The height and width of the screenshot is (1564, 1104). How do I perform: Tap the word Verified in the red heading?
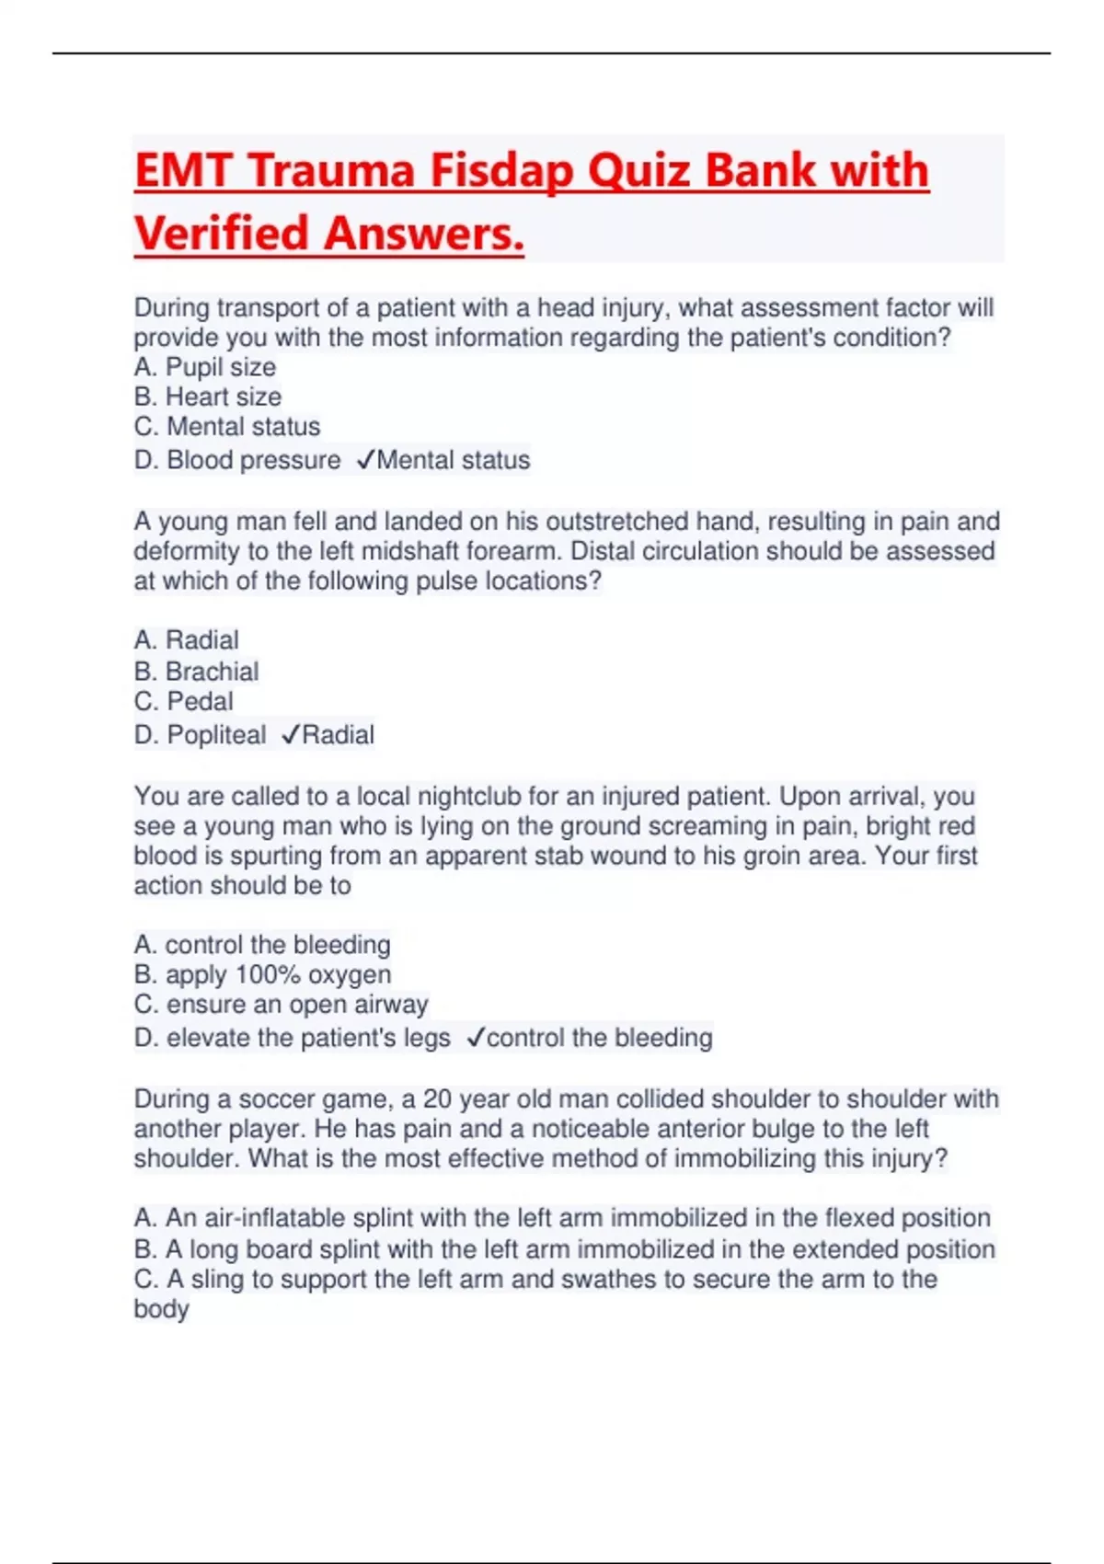(x=221, y=234)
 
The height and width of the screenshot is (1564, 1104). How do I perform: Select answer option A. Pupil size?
(x=204, y=367)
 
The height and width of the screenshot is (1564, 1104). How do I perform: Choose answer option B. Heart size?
(x=207, y=397)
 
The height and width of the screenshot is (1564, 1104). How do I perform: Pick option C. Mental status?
(x=226, y=427)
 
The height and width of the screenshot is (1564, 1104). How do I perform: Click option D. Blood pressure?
(x=236, y=460)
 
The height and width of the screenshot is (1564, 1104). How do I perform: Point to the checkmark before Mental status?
(x=364, y=459)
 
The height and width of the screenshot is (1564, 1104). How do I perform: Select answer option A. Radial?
(x=186, y=640)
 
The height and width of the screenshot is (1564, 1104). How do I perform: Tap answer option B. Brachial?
(x=196, y=672)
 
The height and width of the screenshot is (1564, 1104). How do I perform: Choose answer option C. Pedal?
(x=183, y=701)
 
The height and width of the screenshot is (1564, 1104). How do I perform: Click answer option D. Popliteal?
(x=200, y=735)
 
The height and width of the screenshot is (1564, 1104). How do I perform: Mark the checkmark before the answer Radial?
(x=290, y=734)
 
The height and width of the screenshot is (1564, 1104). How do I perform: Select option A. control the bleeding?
(x=262, y=945)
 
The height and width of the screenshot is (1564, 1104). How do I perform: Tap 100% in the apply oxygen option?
(x=268, y=974)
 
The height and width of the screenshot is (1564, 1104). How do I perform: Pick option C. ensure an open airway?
(x=281, y=1005)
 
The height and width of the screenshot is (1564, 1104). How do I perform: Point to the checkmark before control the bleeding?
(x=475, y=1038)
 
